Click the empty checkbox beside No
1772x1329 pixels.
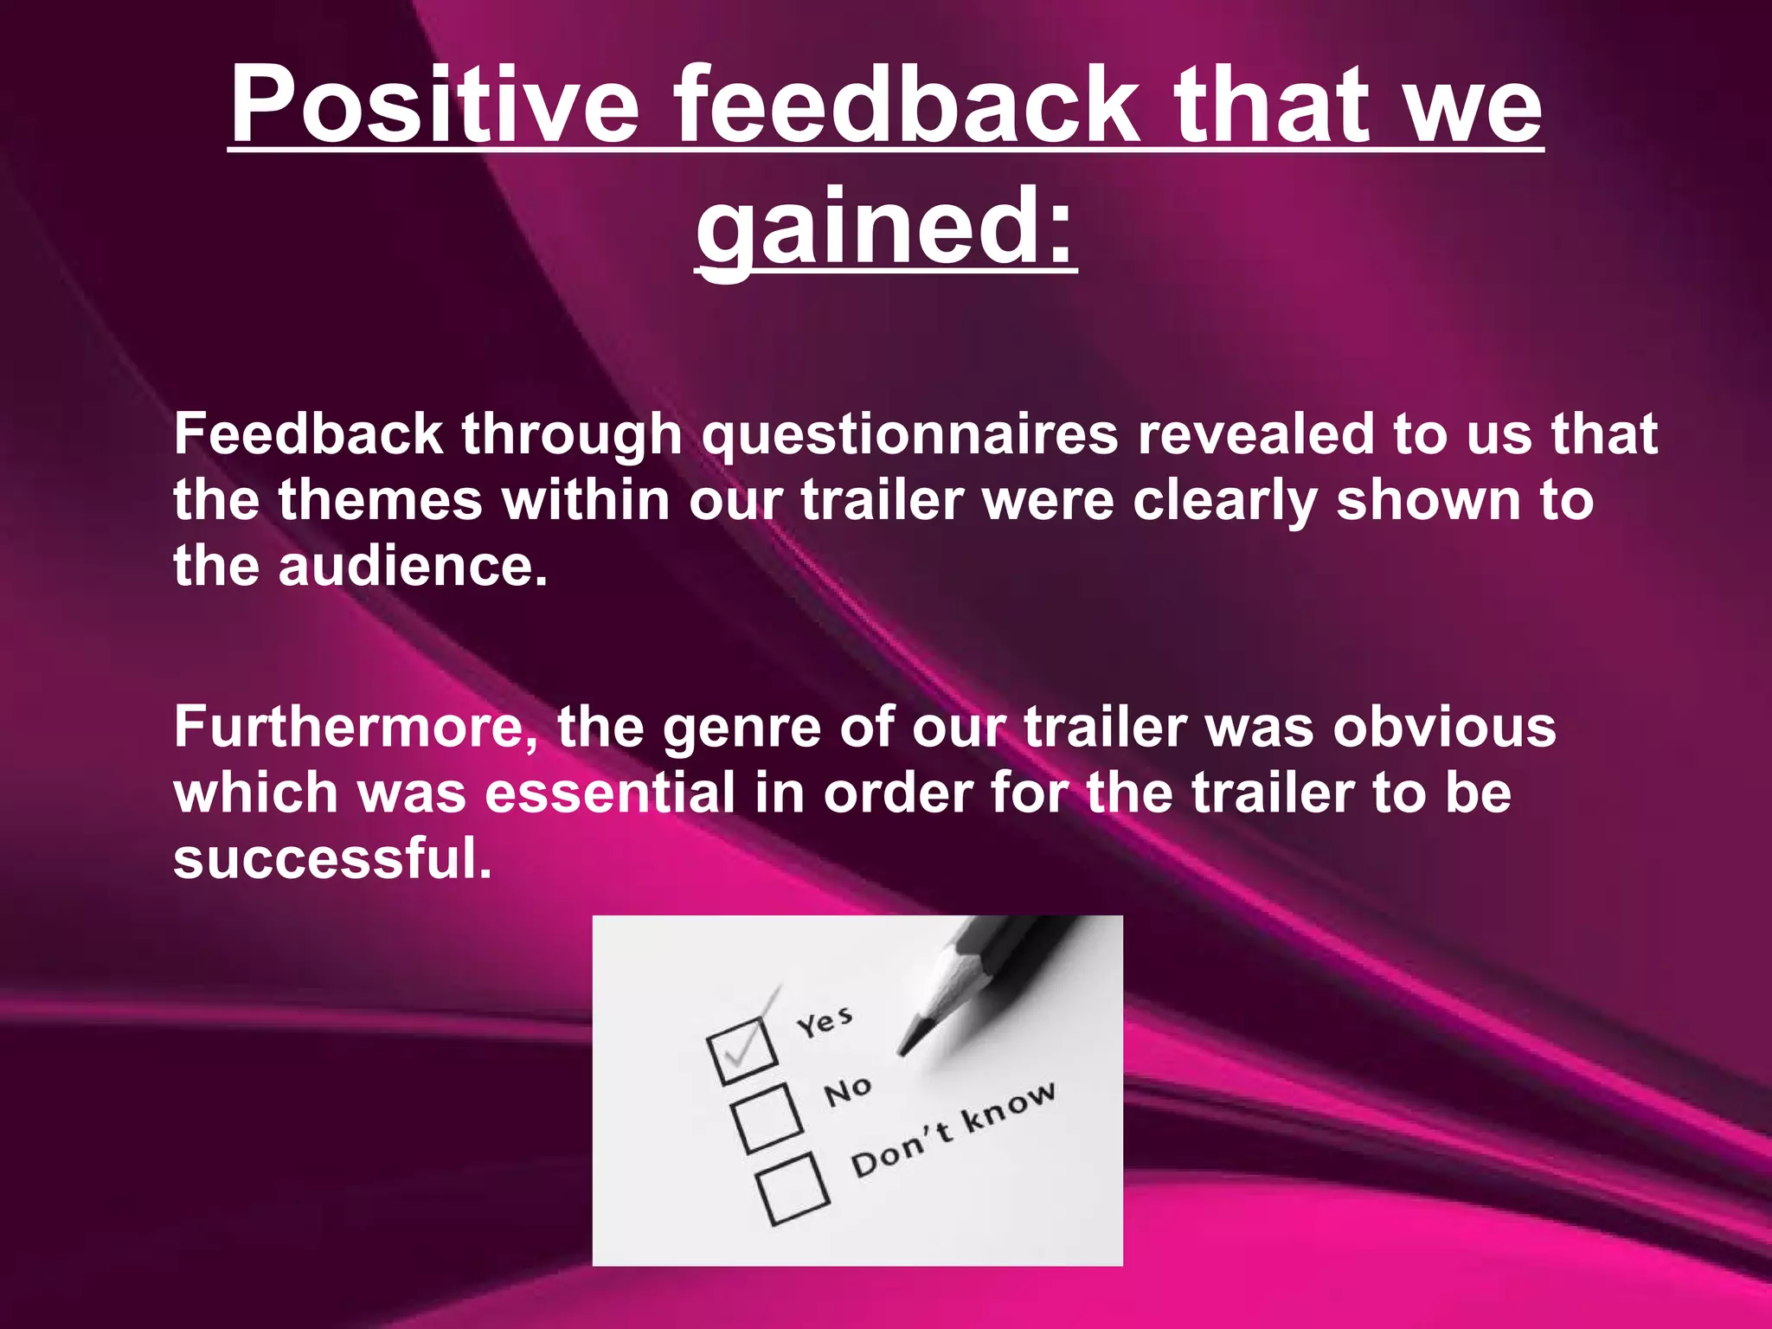tap(767, 1118)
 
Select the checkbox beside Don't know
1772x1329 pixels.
tap(793, 1189)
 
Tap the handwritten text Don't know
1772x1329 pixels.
tap(953, 1129)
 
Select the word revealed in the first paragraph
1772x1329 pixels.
tap(1255, 434)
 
